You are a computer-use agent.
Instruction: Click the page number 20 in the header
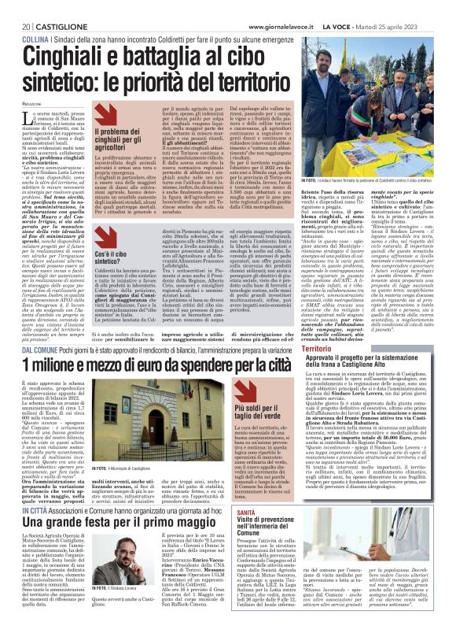(16, 6)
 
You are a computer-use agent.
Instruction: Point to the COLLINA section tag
(35, 17)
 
